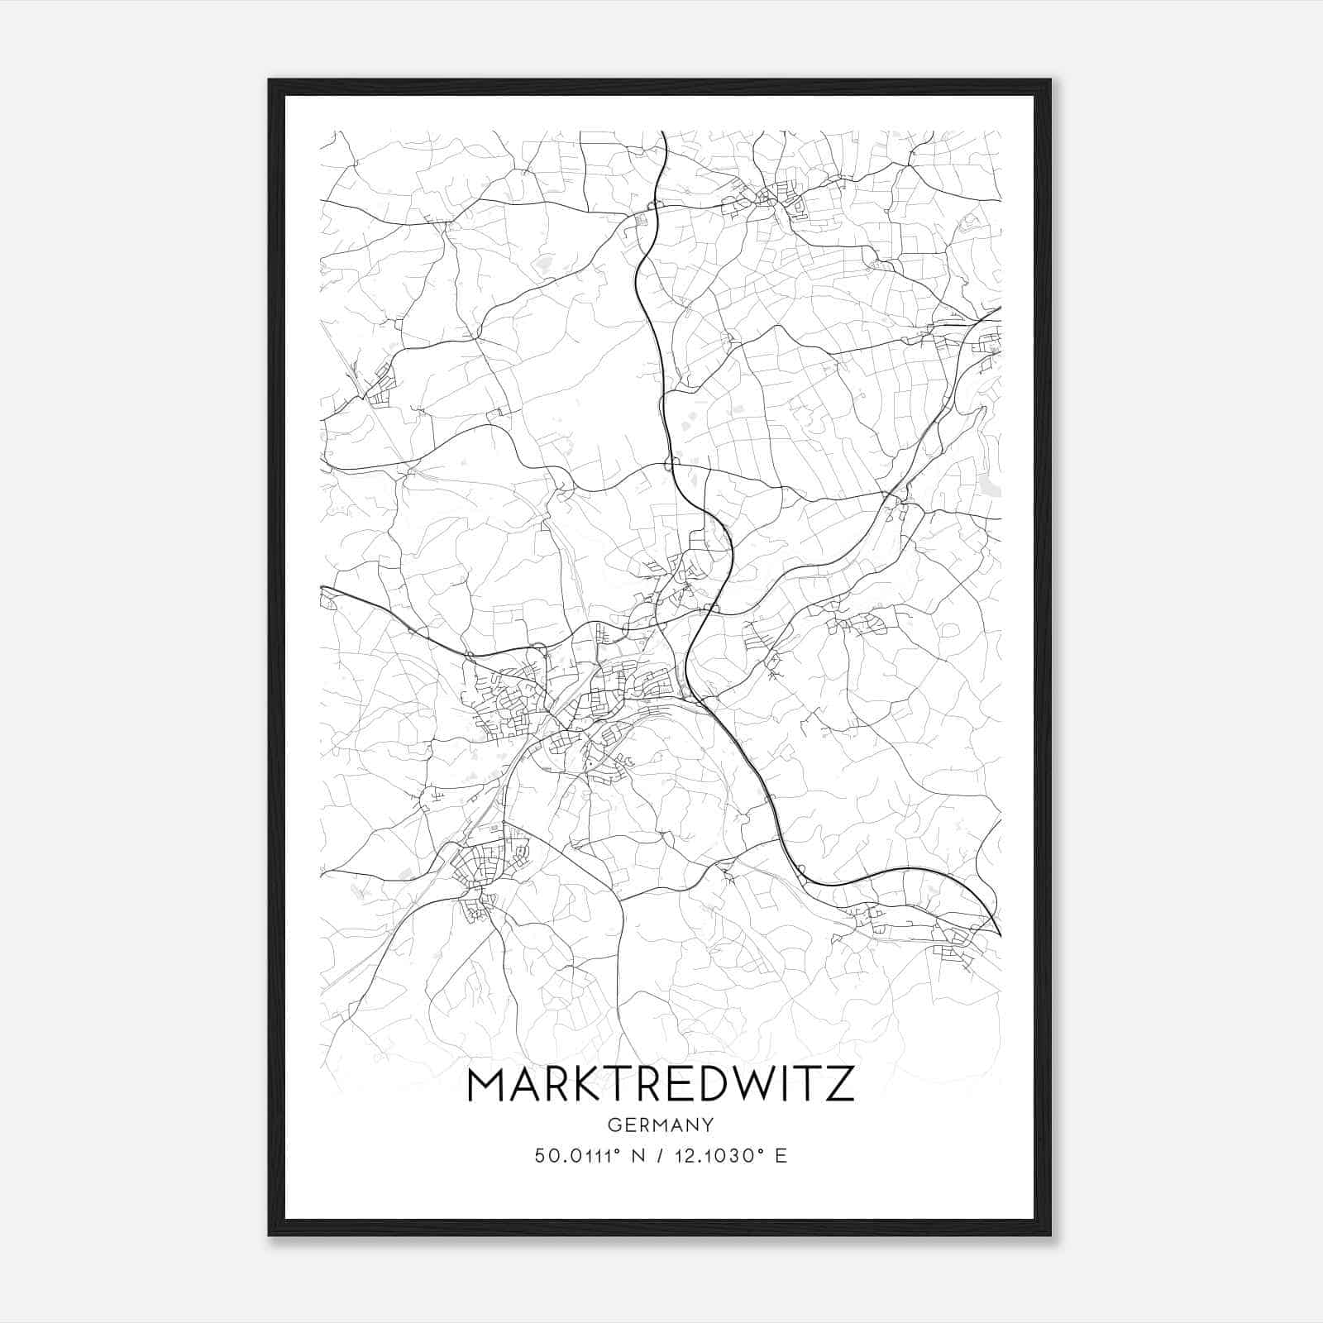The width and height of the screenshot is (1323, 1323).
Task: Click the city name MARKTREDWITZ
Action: tap(661, 1085)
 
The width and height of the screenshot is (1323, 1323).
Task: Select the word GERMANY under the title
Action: tap(661, 1125)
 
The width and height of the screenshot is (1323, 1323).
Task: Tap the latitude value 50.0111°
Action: tap(571, 1156)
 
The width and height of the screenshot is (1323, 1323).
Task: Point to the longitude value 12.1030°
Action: tap(718, 1156)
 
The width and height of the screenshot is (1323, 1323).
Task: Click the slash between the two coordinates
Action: tap(661, 1156)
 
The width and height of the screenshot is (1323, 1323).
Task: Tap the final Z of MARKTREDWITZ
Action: tap(842, 1085)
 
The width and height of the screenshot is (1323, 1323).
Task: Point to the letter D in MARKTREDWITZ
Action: tap(708, 1085)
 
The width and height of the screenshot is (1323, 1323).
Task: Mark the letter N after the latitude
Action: tap(638, 1156)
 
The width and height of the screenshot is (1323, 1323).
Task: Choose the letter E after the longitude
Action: tap(781, 1156)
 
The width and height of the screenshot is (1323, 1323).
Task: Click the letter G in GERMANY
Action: tap(614, 1125)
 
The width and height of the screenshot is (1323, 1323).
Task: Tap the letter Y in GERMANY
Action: tap(709, 1125)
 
